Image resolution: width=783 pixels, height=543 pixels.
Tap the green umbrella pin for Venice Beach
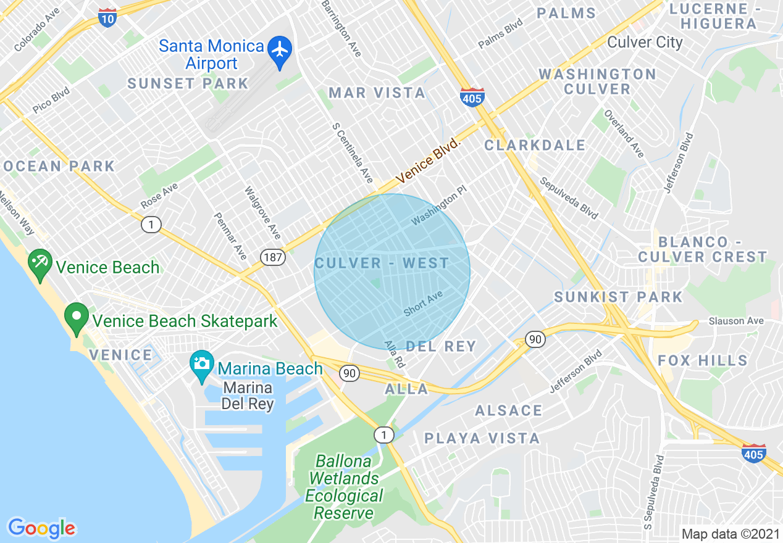[x=40, y=265]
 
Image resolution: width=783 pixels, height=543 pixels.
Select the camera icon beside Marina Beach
[x=201, y=364]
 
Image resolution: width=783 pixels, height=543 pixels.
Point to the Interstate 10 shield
[x=107, y=18]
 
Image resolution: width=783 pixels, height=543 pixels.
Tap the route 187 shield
[x=272, y=257]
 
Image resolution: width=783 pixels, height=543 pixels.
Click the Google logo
[x=41, y=528]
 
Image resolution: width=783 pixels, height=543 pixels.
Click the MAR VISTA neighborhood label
[x=377, y=93]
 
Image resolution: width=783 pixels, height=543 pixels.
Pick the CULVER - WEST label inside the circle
[x=382, y=263]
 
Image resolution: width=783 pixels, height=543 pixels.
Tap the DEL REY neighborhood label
[x=441, y=346]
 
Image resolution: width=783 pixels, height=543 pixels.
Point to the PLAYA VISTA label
[x=482, y=439]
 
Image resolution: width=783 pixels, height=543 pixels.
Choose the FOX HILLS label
[x=703, y=360]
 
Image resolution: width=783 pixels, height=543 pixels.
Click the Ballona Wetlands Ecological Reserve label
[x=344, y=487]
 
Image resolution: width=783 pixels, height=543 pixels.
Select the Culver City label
[x=645, y=43]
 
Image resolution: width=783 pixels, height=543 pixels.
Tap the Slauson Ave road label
[x=736, y=321]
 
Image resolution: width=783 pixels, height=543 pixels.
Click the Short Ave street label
[x=423, y=304]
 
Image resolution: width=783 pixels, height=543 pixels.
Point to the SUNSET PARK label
[x=188, y=84]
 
